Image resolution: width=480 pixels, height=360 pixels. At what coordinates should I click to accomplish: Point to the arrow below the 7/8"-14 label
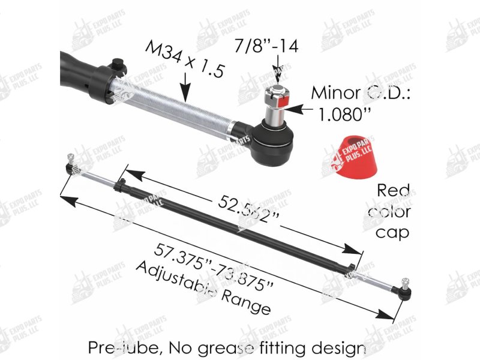pyautogui.click(x=277, y=73)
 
